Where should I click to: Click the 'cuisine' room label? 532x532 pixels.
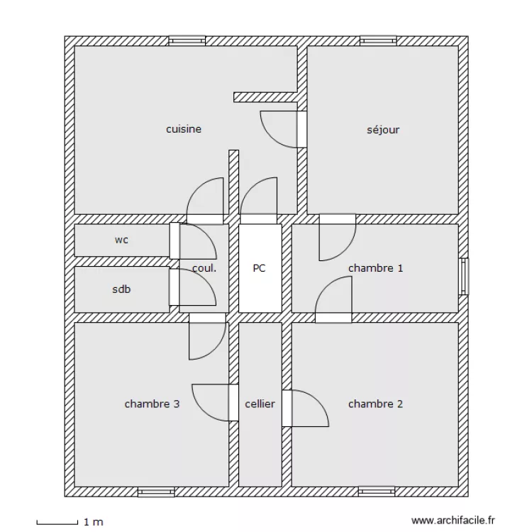pos(184,129)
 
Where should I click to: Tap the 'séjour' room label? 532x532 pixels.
pos(383,130)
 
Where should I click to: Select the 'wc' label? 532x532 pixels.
pos(121,240)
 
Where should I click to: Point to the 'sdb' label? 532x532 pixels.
pos(121,289)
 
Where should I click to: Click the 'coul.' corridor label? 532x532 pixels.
pos(204,268)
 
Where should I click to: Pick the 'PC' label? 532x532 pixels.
pos(259,268)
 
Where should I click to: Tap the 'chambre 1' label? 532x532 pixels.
pos(375,268)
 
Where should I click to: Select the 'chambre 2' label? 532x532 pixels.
pos(375,404)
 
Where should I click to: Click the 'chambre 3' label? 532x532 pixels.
pos(152,404)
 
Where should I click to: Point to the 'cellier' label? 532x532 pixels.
pos(260,404)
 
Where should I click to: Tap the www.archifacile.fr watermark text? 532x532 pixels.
pos(453,521)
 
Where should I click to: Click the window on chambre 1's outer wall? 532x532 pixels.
pos(464,277)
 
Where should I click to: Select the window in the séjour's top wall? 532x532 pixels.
pos(378,40)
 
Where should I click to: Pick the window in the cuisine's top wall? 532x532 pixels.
pos(187,40)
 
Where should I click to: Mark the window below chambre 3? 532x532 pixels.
pos(156,492)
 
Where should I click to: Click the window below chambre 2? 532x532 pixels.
pos(377,492)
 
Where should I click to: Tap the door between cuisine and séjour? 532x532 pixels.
pos(302,129)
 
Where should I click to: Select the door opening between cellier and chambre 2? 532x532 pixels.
pos(287,409)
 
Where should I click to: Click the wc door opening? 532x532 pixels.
pos(174,240)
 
